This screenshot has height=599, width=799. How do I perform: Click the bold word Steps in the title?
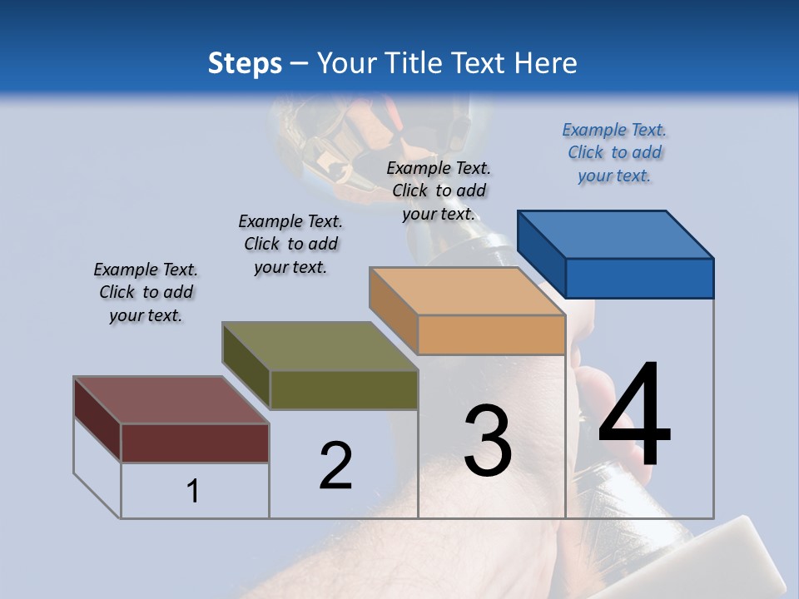pyautogui.click(x=245, y=63)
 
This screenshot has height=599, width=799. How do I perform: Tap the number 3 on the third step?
pyautogui.click(x=488, y=441)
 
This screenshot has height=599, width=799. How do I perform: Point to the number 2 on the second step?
pyautogui.click(x=336, y=466)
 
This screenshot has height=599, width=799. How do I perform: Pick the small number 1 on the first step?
pyautogui.click(x=193, y=492)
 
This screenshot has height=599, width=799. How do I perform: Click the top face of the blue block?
pyautogui.click(x=616, y=234)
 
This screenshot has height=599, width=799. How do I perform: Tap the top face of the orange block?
pyautogui.click(x=467, y=291)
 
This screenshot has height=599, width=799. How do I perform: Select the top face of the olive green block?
pyautogui.click(x=320, y=346)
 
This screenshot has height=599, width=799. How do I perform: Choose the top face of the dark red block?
pyautogui.click(x=171, y=400)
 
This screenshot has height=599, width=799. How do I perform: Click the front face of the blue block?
pyautogui.click(x=639, y=278)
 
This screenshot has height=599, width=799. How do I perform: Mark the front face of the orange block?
pyautogui.click(x=491, y=335)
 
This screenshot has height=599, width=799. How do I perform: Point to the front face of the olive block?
pyautogui.click(x=344, y=389)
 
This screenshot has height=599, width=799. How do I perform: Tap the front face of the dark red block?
pyautogui.click(x=195, y=443)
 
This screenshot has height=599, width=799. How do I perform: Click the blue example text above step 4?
pyautogui.click(x=614, y=153)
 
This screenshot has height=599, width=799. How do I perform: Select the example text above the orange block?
pyautogui.click(x=439, y=191)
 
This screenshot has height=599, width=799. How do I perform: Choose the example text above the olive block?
pyautogui.click(x=290, y=244)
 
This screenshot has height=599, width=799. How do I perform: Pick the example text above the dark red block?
pyautogui.click(x=146, y=293)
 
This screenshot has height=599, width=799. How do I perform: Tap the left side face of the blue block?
pyautogui.click(x=541, y=254)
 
